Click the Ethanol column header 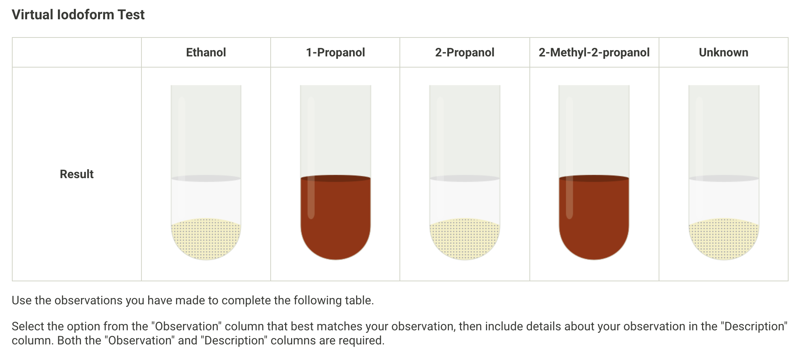coord(206,52)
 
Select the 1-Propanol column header coord(335,52)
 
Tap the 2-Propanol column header coord(464,52)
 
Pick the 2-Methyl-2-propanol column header coord(594,52)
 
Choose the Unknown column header coord(723,52)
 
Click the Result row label coord(76,174)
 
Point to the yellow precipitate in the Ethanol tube coord(206,239)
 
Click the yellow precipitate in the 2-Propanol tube coord(464,239)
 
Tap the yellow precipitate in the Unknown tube coord(724,239)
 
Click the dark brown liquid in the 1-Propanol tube coord(335,223)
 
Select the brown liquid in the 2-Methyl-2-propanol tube coord(594,223)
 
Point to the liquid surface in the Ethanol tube coord(206,179)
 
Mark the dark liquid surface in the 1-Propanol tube coord(335,179)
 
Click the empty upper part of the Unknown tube coord(724,130)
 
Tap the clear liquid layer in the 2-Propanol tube coord(464,200)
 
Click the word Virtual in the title coord(32,15)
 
